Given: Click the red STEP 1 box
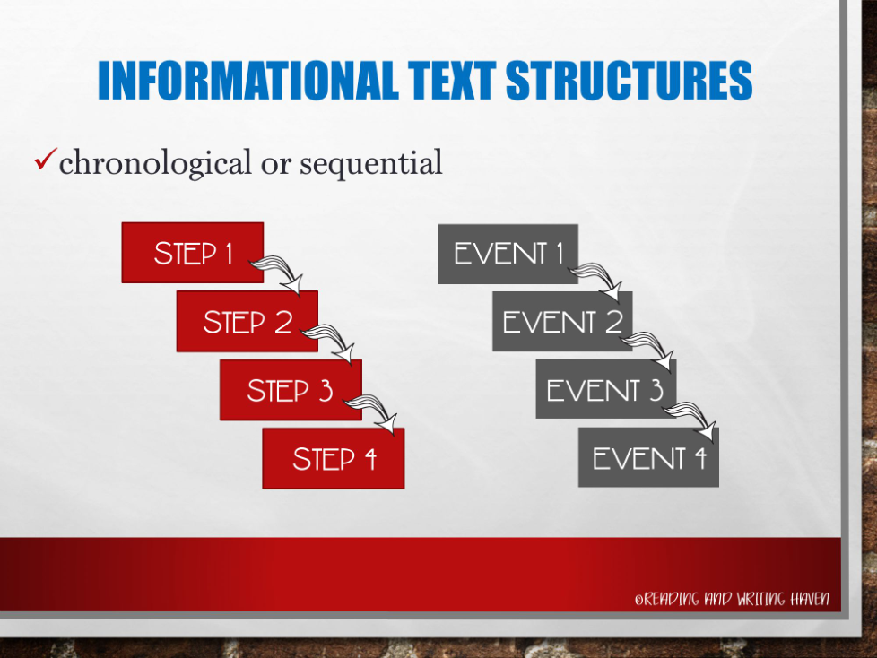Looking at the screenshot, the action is click(x=193, y=253).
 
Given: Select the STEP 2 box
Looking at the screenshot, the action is click(x=247, y=322).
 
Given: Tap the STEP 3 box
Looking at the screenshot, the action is click(x=291, y=390).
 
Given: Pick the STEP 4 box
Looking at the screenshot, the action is click(x=334, y=458).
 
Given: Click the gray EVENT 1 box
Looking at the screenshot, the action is click(x=508, y=254).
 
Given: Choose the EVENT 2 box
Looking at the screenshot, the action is click(x=562, y=322).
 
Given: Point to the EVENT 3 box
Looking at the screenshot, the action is click(x=605, y=389).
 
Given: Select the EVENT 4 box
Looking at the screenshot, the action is click(x=649, y=457).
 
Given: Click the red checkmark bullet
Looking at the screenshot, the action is click(x=46, y=159).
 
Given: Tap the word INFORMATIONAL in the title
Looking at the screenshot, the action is click(x=248, y=81).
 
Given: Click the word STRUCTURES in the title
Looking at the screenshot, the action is click(x=630, y=80).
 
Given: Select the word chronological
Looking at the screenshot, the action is click(x=155, y=163).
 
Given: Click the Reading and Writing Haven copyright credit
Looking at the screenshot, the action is click(x=732, y=599).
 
